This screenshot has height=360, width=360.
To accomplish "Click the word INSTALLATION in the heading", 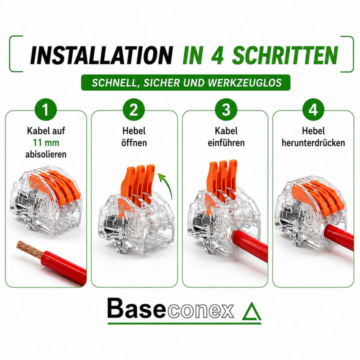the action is point(101,55).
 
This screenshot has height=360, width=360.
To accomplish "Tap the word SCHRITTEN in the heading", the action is point(285,55).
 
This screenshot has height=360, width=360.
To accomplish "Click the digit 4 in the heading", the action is point(216,55).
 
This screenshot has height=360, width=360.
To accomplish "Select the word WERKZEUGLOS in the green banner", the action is point(244,83).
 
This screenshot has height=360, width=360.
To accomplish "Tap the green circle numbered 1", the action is point(45,109).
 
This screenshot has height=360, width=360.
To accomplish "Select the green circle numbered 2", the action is point(134,109).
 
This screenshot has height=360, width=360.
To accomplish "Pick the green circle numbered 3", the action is point(226,109).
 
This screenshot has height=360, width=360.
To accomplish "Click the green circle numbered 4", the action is point(313,109).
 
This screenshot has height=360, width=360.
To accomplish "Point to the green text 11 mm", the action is point(46,142).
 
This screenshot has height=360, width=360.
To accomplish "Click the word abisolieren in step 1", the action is point(46,154).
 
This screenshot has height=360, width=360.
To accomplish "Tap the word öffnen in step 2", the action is point(134,142).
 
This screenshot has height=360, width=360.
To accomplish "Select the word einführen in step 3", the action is point(226,142).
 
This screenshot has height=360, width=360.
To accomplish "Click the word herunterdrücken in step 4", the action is point(313,142).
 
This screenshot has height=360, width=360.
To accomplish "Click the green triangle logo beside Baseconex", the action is point(251,311).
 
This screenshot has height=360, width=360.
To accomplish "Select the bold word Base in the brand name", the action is point(136,308).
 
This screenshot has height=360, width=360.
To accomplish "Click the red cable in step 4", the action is point(338,236).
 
